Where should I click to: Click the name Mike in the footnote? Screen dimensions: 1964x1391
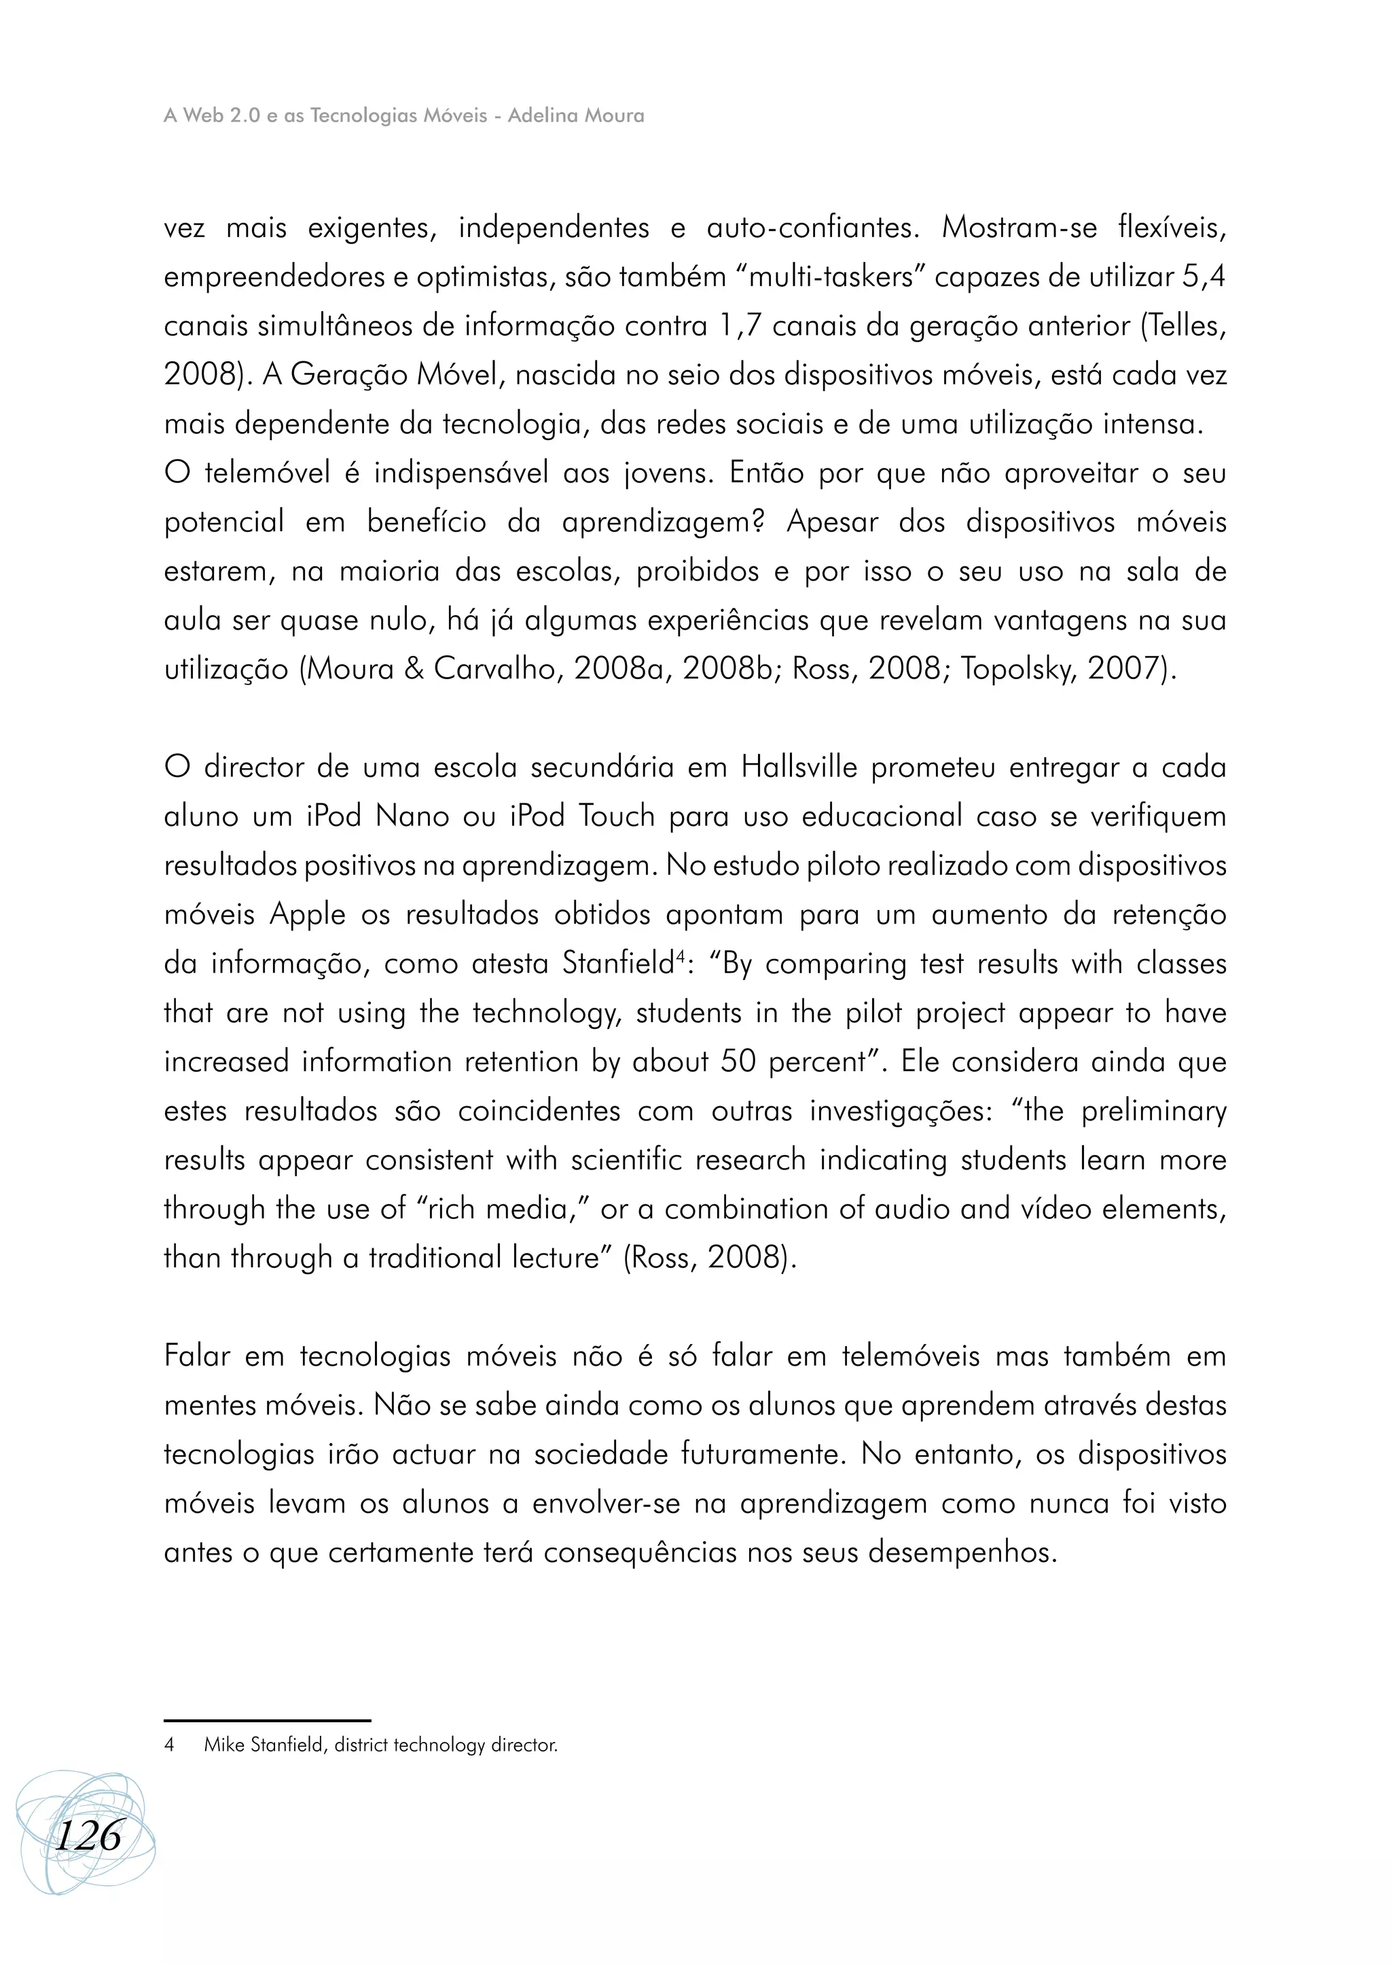click(x=224, y=1745)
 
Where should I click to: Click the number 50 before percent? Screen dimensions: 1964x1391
click(x=738, y=1062)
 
